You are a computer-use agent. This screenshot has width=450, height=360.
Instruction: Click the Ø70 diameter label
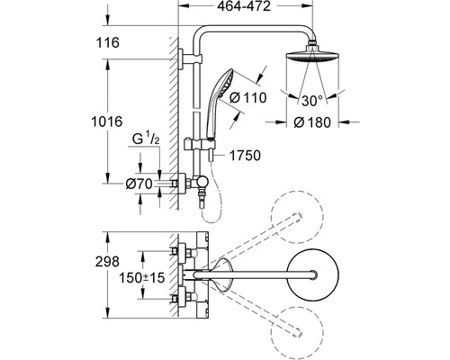coord(137,183)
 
